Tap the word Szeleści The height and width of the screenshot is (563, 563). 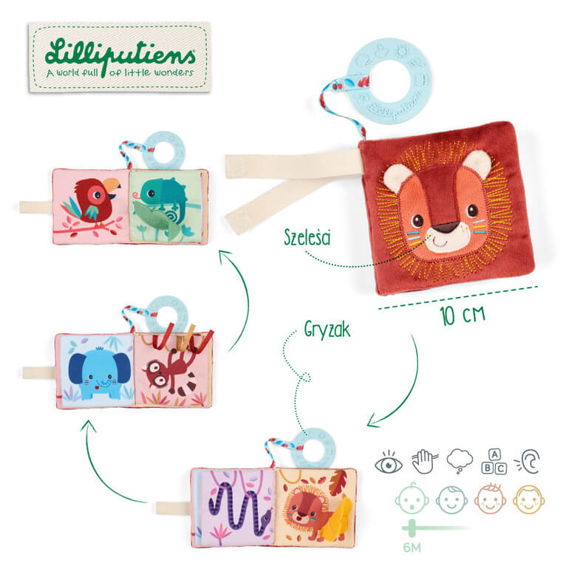coord(307,237)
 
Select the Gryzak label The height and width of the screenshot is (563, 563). coord(327,330)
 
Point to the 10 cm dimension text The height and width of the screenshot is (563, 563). coord(463,315)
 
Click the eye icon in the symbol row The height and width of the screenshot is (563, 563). coord(389,463)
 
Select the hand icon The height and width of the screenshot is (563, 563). coord(425,462)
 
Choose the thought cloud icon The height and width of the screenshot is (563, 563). coord(460,461)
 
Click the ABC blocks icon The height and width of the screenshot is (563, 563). coord(494,462)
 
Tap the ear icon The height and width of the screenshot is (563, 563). coord(528,462)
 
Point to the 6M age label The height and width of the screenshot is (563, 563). coord(412,547)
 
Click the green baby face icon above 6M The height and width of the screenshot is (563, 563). coord(412,499)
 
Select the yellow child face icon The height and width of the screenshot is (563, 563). coord(528,499)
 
